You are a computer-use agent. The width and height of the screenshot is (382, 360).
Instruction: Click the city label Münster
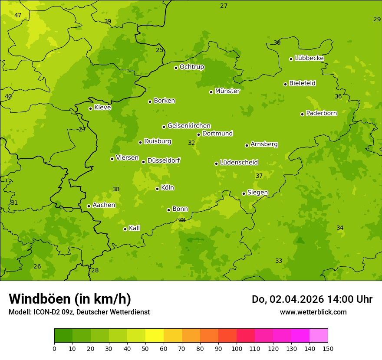[x=227, y=91]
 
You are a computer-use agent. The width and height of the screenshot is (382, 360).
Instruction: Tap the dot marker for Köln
[x=157, y=189]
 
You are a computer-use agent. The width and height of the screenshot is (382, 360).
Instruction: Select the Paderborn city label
[x=321, y=113]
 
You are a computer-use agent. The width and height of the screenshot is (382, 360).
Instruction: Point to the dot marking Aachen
[x=89, y=206]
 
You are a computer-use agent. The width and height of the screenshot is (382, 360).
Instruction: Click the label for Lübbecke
[x=309, y=58]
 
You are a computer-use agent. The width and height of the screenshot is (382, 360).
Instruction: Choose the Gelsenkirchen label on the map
[x=189, y=126]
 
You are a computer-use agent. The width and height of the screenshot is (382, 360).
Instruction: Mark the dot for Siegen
[x=244, y=193]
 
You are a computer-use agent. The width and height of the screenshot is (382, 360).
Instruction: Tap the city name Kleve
[x=102, y=108]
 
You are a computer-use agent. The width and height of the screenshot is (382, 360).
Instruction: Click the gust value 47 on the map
[x=18, y=16]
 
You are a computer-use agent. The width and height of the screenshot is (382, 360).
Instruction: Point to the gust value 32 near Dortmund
[x=191, y=143]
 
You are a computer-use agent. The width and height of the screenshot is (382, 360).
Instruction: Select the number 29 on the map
[x=377, y=19]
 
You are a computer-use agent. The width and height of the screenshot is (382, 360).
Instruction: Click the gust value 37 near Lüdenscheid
[x=259, y=176]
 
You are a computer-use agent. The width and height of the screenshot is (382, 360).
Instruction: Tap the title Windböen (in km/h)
[x=70, y=299]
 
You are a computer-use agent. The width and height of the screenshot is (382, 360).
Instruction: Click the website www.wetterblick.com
[x=313, y=312]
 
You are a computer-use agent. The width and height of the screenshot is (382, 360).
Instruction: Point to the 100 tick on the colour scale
[x=237, y=348]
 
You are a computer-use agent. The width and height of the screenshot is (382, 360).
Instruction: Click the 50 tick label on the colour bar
[x=145, y=348]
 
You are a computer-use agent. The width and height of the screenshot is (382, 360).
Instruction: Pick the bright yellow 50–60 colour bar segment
[x=155, y=336]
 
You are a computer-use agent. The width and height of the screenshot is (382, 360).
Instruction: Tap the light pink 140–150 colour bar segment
[x=319, y=336]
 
